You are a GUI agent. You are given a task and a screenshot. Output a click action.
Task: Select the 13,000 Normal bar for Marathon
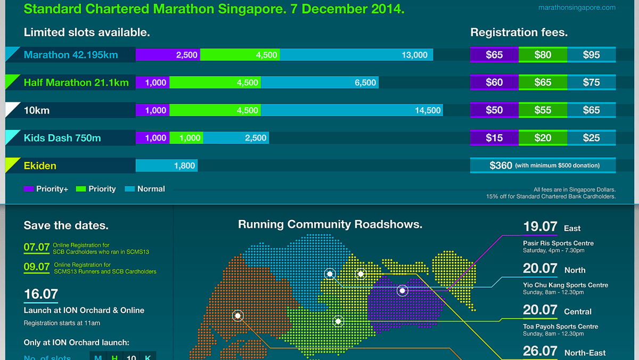point(356,55)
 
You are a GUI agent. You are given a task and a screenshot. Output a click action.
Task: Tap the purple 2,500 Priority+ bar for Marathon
point(168,55)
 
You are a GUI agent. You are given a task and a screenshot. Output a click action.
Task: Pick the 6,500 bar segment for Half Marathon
point(319,83)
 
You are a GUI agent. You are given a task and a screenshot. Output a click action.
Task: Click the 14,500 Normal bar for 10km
point(351,110)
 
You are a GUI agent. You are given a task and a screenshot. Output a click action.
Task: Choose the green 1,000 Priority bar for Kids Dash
point(186,138)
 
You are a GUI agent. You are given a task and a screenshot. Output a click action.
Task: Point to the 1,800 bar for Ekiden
point(166,166)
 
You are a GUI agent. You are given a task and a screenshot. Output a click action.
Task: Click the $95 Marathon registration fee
point(591,55)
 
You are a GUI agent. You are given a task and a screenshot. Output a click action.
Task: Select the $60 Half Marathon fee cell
point(494,83)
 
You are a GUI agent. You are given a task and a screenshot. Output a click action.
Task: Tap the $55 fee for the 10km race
point(543,110)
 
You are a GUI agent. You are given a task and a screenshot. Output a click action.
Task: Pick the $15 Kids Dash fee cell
point(494,138)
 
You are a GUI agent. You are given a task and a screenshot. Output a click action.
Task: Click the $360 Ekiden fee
point(543,166)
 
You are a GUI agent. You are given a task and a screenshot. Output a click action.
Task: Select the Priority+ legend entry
point(46,189)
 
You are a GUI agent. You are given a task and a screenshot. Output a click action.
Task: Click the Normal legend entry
point(145,189)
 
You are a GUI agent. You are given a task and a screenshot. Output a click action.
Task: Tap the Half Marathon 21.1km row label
point(76,83)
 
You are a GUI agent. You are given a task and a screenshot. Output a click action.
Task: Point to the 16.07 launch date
point(41,294)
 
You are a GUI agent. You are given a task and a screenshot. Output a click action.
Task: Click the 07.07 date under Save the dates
point(37,247)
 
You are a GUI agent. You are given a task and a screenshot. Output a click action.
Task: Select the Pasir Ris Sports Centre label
point(558,243)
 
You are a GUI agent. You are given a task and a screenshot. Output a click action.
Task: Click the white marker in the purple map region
point(403,291)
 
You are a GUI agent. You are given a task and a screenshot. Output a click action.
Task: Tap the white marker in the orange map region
point(237,316)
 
